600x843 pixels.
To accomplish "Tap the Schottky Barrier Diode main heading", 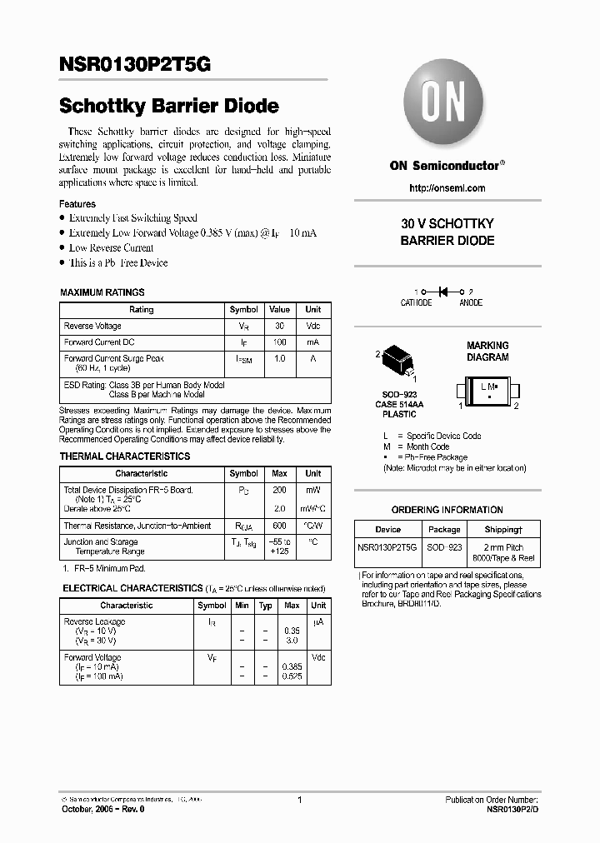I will pos(168,107).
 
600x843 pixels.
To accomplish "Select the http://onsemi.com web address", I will pos(447,188).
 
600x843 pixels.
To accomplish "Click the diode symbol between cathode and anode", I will pos(443,292).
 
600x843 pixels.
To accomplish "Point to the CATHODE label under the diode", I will pos(416,303).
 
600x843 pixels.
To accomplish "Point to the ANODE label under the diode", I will pos(471,303).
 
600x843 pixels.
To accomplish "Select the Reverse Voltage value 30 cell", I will pos(279,326).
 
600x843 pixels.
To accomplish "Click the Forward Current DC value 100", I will pos(279,342).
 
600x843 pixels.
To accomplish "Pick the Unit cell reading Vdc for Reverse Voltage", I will pos(312,326).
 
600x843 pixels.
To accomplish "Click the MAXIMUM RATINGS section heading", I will pos(102,292).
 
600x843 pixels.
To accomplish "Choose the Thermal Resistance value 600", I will pos(279,526).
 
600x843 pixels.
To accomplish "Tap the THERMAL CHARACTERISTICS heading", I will pos(124,456).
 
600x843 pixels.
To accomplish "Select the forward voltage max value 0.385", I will pos(292,667).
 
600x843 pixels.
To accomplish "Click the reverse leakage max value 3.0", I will pos(292,641).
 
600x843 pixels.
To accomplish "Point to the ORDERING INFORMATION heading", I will pos(447,510).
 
